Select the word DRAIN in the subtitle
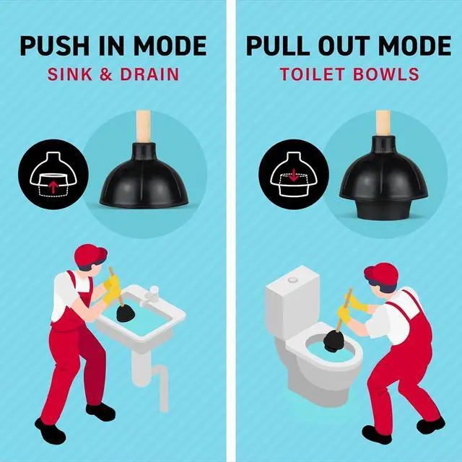point(149,74)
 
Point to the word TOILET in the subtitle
point(313,74)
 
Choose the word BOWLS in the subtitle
point(386,74)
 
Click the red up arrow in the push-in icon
point(53,186)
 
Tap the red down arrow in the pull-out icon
point(294,176)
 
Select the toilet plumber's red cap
point(381,274)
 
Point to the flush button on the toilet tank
point(292,279)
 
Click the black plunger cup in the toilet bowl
point(335,340)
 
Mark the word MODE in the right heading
point(414,46)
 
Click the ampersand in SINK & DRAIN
point(106,74)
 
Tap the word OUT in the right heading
point(344,46)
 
